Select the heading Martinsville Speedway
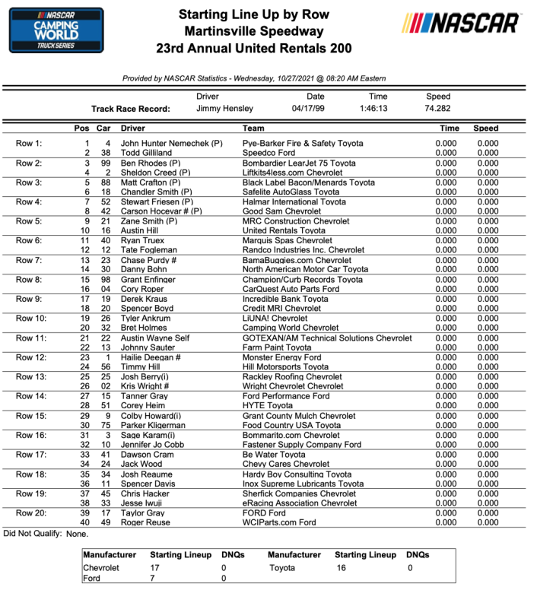254,31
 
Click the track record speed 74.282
438,109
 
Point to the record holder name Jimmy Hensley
224,109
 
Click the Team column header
253,128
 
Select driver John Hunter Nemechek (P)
171,143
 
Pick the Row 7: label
29,260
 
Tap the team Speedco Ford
268,153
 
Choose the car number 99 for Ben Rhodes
107,163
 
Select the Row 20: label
31,513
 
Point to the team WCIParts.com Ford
278,523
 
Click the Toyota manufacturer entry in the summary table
282,568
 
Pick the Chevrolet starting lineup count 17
154,568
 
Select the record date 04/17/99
315,109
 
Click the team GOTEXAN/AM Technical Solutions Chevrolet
326,338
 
